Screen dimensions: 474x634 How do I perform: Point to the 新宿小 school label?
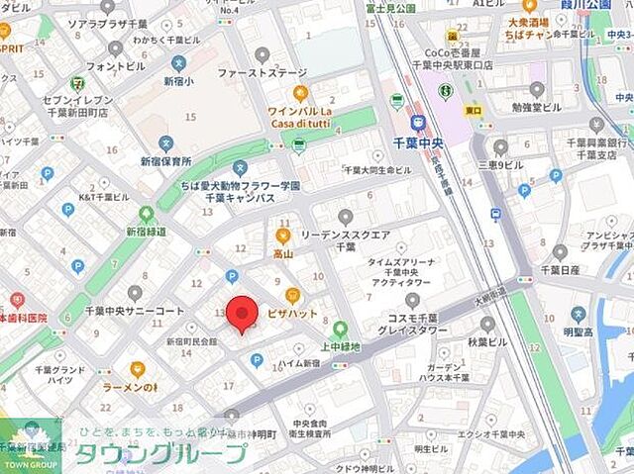(x=178, y=81)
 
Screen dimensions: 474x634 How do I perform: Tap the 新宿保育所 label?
(x=165, y=160)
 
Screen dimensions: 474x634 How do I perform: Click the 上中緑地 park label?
(x=340, y=346)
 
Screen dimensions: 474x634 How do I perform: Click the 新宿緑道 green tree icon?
(x=147, y=213)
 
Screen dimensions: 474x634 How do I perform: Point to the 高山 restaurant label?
(x=284, y=253)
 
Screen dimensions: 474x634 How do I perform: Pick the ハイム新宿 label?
(x=298, y=363)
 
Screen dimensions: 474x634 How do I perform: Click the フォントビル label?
(x=116, y=66)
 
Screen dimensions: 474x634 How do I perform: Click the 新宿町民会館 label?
(x=191, y=341)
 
